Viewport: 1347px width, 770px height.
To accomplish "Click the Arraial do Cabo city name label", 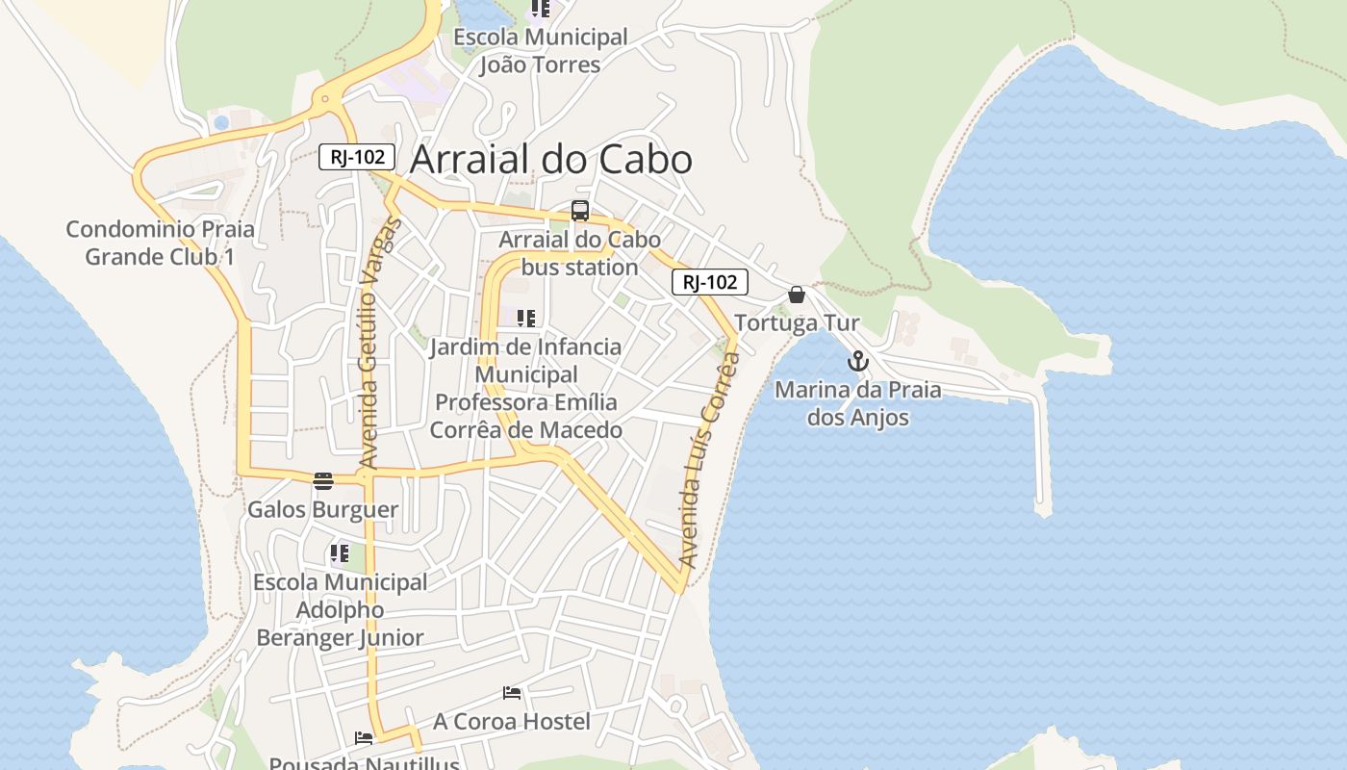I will (x=550, y=160).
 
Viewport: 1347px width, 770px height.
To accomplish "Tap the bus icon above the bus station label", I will (x=580, y=211).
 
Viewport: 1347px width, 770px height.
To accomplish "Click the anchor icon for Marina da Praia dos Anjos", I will (x=857, y=362).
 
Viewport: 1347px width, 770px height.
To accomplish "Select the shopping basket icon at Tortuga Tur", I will (x=797, y=295).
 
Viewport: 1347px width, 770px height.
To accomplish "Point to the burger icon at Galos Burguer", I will (x=323, y=481).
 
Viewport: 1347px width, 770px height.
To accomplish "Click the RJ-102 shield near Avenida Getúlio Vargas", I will (x=357, y=157).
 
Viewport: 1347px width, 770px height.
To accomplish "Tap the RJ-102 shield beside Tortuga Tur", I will (x=709, y=282).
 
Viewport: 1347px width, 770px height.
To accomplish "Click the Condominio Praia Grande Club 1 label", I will (x=160, y=243).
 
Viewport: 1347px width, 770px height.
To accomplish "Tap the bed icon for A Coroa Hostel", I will (x=512, y=693).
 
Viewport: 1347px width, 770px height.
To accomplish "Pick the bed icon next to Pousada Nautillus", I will (x=364, y=738).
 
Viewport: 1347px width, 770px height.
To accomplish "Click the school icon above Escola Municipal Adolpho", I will (x=339, y=553).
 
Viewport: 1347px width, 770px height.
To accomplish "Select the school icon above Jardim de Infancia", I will (x=525, y=319).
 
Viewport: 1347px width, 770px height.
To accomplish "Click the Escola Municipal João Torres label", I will (x=540, y=51).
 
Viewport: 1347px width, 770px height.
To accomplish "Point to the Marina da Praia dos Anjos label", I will (x=857, y=403).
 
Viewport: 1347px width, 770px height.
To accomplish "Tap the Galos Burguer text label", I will (x=323, y=509).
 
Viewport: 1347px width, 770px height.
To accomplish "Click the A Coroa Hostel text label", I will (x=511, y=721).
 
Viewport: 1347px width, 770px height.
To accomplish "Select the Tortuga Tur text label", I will (x=797, y=322).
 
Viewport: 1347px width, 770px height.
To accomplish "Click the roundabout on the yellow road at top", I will (x=327, y=98).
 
